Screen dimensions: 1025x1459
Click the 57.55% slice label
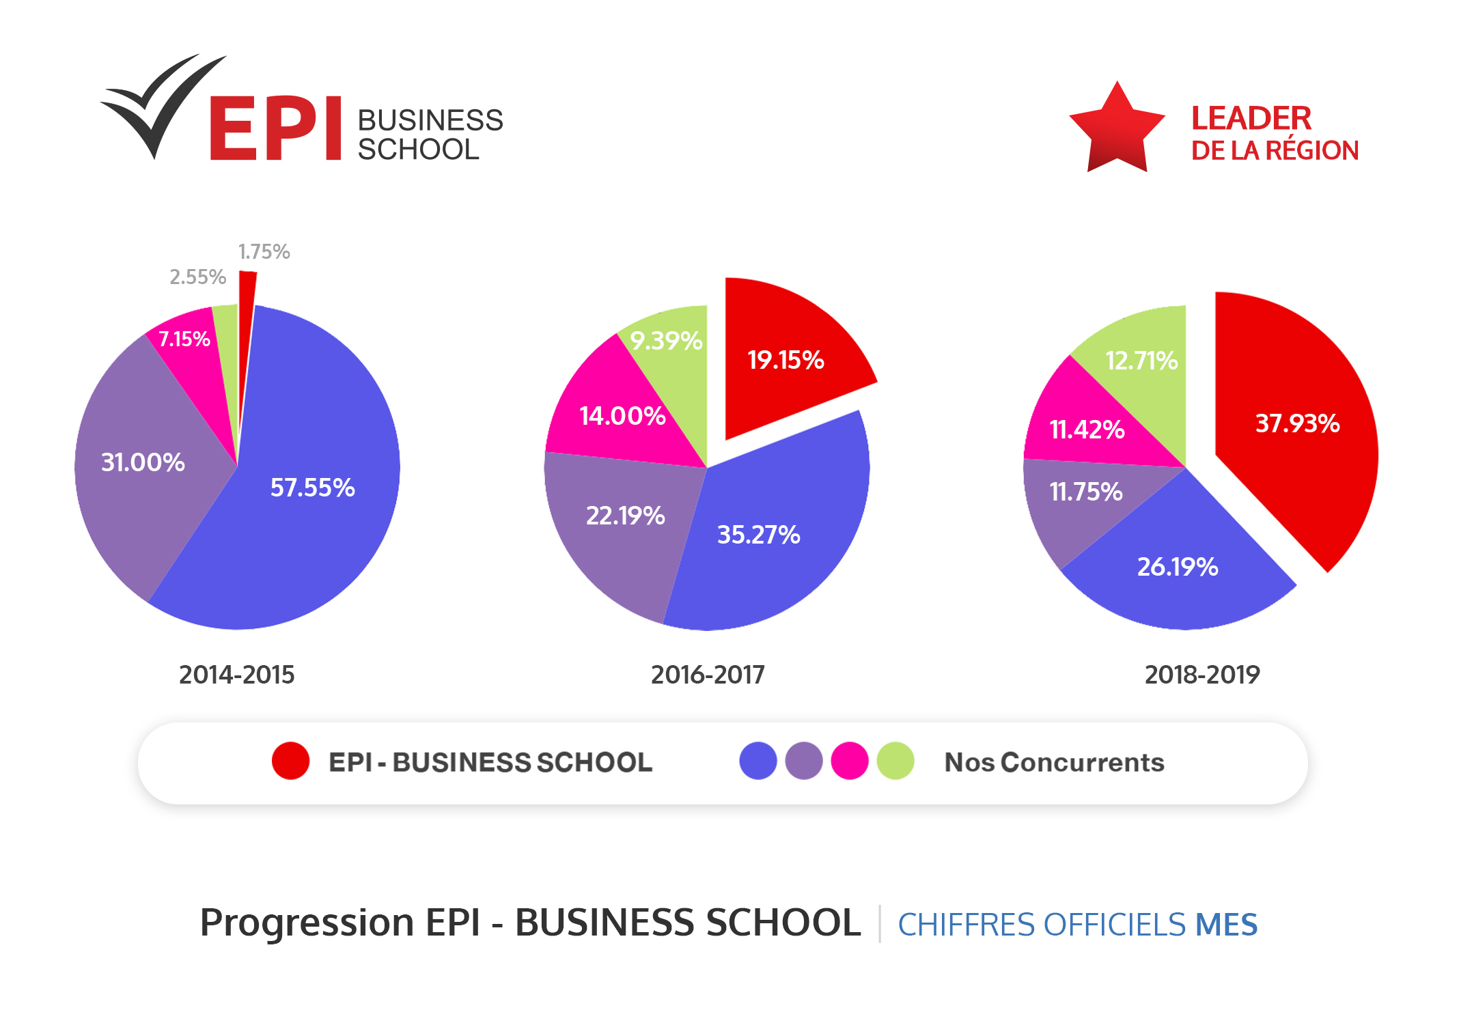coord(312,488)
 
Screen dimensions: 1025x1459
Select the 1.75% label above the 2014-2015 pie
coord(264,252)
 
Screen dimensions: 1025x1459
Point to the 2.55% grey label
coord(197,277)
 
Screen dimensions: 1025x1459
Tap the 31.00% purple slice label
coord(143,462)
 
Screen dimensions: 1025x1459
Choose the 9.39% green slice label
coord(666,340)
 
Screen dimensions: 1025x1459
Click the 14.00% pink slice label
coord(622,415)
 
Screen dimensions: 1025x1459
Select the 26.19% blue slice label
coord(1177,567)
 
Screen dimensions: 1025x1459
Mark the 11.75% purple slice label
coord(1085,492)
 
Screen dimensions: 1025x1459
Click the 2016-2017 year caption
coord(708,675)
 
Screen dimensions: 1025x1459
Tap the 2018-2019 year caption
coord(1201,675)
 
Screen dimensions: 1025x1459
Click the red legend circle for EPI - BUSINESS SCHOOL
coord(290,761)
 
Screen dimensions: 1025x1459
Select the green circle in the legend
coord(895,761)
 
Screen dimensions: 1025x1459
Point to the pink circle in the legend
coord(849,761)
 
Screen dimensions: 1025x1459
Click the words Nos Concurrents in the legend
coord(1054,762)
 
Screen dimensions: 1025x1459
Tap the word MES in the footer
coord(1225,925)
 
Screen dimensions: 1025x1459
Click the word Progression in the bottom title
coord(306,923)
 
